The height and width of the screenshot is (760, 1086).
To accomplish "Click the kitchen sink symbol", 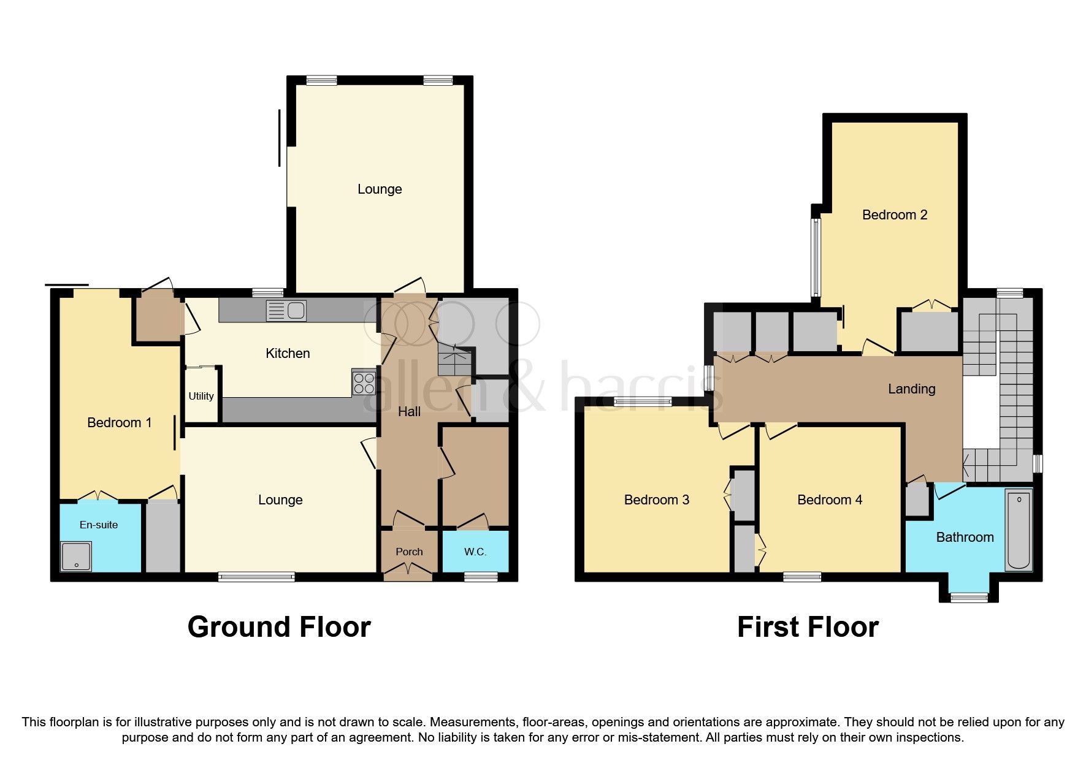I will pos(286,311).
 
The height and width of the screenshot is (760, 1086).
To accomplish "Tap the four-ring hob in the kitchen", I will pos(363,383).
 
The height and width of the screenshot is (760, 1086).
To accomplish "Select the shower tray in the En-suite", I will pos(76,557).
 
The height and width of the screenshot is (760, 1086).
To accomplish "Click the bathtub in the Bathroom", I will pos(1019,530).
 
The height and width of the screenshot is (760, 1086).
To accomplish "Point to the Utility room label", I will pos(201,396).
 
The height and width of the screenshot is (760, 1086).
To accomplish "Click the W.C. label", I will pos(475,552).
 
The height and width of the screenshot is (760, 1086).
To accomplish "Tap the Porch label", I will pos(409,552).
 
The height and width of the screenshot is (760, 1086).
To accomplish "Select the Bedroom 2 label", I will pos(894,215).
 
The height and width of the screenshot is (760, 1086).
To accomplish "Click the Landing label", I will pos(911,389).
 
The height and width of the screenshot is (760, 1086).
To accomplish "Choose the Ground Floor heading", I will pos(279,627).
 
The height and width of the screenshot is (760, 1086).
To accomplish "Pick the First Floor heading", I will pos(808,627).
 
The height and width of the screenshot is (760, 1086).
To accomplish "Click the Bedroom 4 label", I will pos(829,500).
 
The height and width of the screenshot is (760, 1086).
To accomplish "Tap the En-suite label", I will pos(99,525).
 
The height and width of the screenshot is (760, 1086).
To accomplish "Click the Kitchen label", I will pos(288,353).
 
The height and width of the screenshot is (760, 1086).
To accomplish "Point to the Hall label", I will pos(409,411).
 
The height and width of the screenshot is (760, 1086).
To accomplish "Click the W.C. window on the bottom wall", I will pos(481,576).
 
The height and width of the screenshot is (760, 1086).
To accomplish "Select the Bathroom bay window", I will pos(969,597).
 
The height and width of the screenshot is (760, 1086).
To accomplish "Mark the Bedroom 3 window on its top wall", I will pos(643,401).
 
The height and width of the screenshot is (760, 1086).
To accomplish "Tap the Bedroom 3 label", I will pos(656,500).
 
